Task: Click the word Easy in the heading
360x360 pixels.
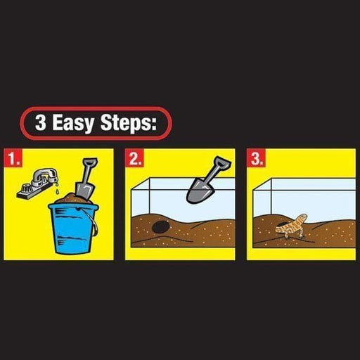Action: [x=73, y=123]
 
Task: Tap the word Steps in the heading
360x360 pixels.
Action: [x=125, y=122]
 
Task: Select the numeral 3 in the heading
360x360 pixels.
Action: [x=41, y=122]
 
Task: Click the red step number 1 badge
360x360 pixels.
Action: [x=13, y=157]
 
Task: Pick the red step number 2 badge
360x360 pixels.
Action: [x=134, y=157]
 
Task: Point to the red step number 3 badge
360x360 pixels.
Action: [x=256, y=157]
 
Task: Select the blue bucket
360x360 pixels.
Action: [x=73, y=228]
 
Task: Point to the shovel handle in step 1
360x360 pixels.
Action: [x=89, y=170]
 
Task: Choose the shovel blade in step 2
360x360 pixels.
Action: [x=198, y=191]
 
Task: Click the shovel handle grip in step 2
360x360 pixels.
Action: [x=223, y=162]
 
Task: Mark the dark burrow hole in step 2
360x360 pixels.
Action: [x=160, y=227]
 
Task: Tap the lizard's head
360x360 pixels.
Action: [x=302, y=217]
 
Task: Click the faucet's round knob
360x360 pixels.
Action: [x=25, y=188]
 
